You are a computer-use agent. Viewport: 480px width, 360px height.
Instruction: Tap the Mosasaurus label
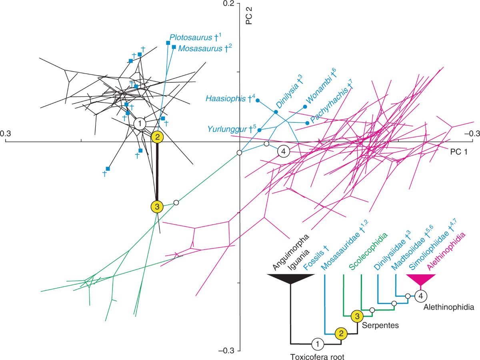click(x=201, y=48)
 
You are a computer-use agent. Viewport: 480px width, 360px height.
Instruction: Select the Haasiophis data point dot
click(x=258, y=100)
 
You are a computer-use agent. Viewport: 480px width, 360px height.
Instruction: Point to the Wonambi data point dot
click(x=305, y=107)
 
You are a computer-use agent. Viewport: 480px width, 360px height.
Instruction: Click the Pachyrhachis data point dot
click(x=307, y=123)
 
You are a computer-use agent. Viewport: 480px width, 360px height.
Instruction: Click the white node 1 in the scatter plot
click(x=140, y=124)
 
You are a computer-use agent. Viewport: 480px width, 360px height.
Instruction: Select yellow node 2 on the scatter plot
click(x=158, y=137)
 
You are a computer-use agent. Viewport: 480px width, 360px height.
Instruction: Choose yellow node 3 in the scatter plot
click(x=157, y=207)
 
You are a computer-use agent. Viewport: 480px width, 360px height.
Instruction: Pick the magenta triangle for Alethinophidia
click(x=421, y=279)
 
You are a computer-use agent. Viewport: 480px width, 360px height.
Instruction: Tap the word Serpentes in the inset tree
click(x=380, y=325)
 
